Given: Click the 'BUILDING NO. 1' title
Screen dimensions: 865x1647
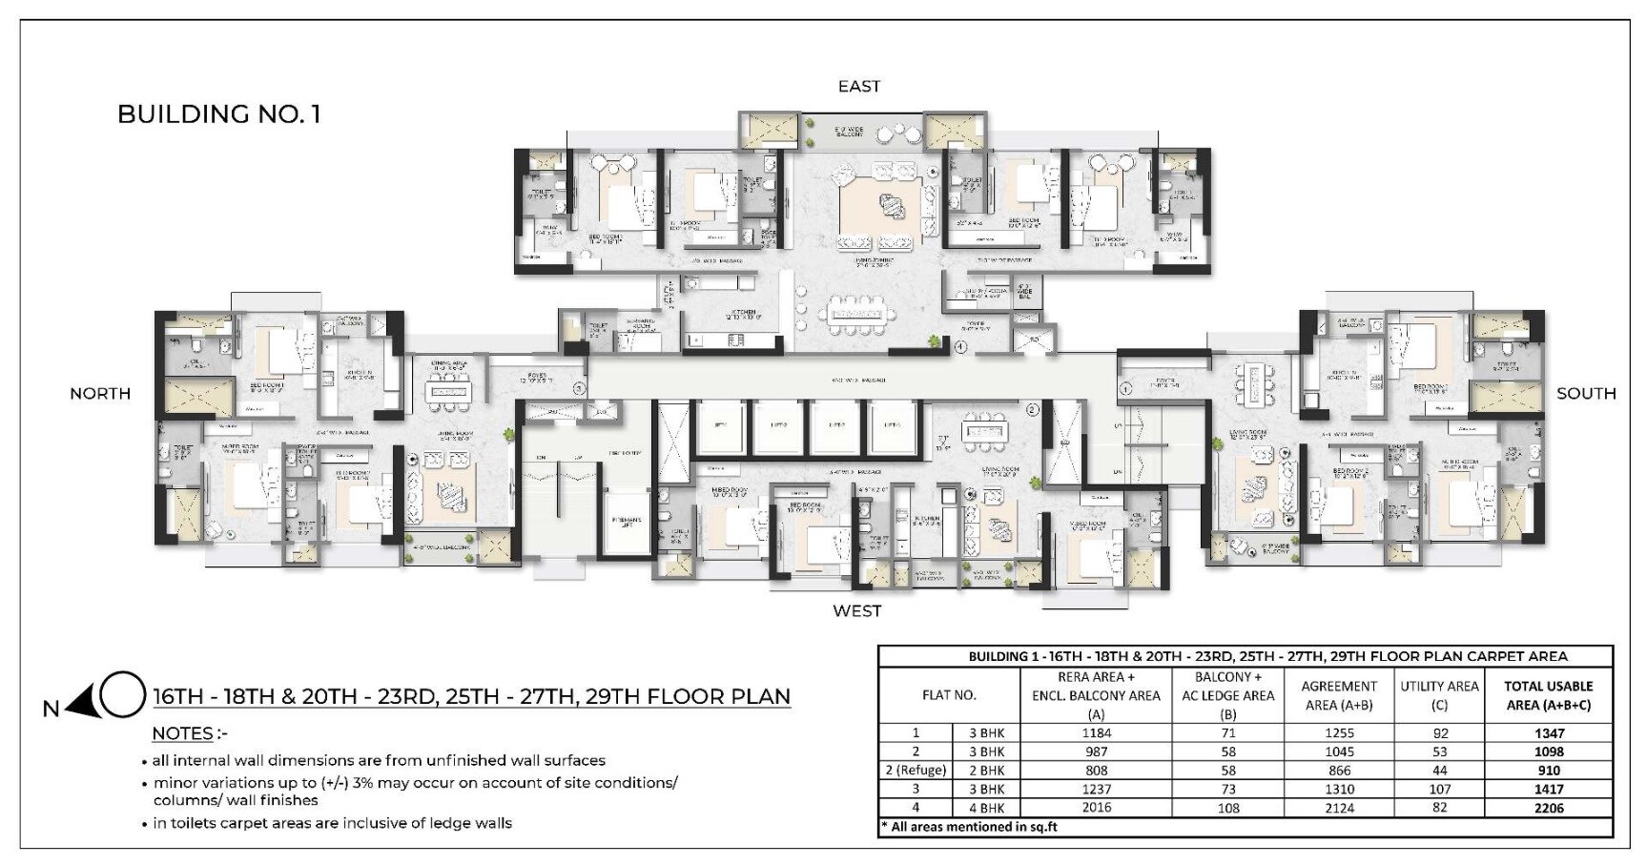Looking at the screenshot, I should coord(218,114).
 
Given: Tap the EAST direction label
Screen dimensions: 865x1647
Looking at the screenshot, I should coord(858,87).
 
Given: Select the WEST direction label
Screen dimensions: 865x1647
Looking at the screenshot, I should coord(856,610).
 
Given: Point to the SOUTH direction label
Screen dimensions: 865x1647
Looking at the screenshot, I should coord(1585,393).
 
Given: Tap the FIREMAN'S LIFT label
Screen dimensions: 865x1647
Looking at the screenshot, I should coord(626,523).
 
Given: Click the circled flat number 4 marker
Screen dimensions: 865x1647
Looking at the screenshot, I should coord(960,347).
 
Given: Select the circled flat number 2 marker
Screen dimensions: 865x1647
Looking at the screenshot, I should coord(1031,411).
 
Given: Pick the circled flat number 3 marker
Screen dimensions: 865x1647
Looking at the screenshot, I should coord(578,388).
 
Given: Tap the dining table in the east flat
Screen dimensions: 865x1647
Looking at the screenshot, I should coord(856,314).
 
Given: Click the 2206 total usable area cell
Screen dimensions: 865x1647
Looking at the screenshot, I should coord(1548,808).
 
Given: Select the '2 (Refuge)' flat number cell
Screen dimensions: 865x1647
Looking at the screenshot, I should coord(916,771).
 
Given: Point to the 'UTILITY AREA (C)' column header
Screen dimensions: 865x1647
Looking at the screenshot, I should coord(1438,695).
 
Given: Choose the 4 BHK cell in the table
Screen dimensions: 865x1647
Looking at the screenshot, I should coord(986,808).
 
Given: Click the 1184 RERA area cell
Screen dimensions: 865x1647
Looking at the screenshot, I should coord(1096,733).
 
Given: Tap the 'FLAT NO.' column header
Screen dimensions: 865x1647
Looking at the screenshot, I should coord(948,695).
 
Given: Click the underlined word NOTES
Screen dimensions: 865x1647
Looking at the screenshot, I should coord(183,733).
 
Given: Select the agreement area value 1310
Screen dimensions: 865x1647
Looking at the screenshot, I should coord(1338,789).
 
